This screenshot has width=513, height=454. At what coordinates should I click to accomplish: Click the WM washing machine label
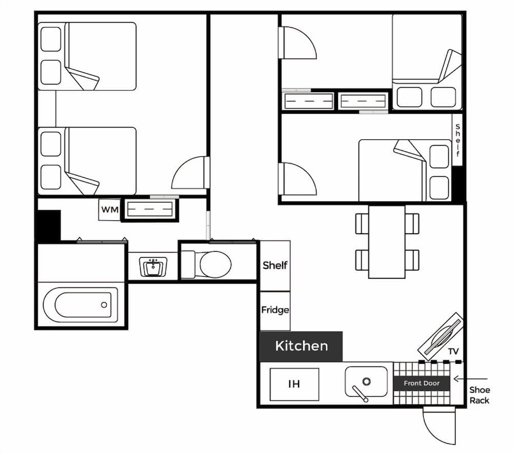click(x=109, y=210)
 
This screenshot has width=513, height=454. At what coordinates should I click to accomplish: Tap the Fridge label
click(x=275, y=310)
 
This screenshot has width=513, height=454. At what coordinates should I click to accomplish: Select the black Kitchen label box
click(x=301, y=346)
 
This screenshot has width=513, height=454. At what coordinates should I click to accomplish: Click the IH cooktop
click(x=294, y=384)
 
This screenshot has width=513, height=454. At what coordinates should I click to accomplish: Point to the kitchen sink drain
click(x=366, y=381)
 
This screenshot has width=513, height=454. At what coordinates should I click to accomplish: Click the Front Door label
click(x=421, y=383)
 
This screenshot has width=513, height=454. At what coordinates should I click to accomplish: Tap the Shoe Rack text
click(x=479, y=395)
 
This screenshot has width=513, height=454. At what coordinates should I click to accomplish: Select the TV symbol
click(x=441, y=335)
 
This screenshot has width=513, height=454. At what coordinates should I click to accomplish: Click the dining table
click(x=387, y=241)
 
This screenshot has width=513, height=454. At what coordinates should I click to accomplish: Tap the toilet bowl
click(x=215, y=264)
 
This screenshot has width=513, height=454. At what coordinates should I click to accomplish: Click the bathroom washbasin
click(x=152, y=267)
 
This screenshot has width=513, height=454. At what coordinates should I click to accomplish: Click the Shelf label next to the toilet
click(x=275, y=265)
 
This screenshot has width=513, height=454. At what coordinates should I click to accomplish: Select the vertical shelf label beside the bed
click(x=458, y=140)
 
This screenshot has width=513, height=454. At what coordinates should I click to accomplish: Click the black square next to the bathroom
click(x=49, y=225)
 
